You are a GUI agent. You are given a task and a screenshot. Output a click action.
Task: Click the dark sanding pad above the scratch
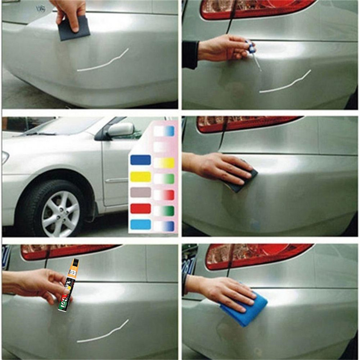coord(74,30)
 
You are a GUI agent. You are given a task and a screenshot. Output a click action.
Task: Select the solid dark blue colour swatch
coord(140,160)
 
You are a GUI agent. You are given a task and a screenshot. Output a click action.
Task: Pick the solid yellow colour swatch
coord(140,176)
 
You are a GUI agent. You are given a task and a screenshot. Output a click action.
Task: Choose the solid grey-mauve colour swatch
coord(140,193)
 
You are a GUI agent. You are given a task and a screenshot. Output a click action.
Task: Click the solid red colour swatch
coord(140,209)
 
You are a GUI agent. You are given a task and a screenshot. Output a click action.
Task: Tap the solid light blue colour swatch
coord(140,224)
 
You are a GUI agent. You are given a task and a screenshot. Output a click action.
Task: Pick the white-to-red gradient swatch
coord(164,195)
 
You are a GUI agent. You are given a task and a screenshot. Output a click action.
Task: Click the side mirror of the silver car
coord(120,130)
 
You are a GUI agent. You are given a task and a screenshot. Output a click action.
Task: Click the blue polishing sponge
coord(245,307)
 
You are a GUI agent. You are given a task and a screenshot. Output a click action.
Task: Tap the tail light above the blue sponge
coord(256,256)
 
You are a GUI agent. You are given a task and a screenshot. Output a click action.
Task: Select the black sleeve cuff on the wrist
coord(190,54)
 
